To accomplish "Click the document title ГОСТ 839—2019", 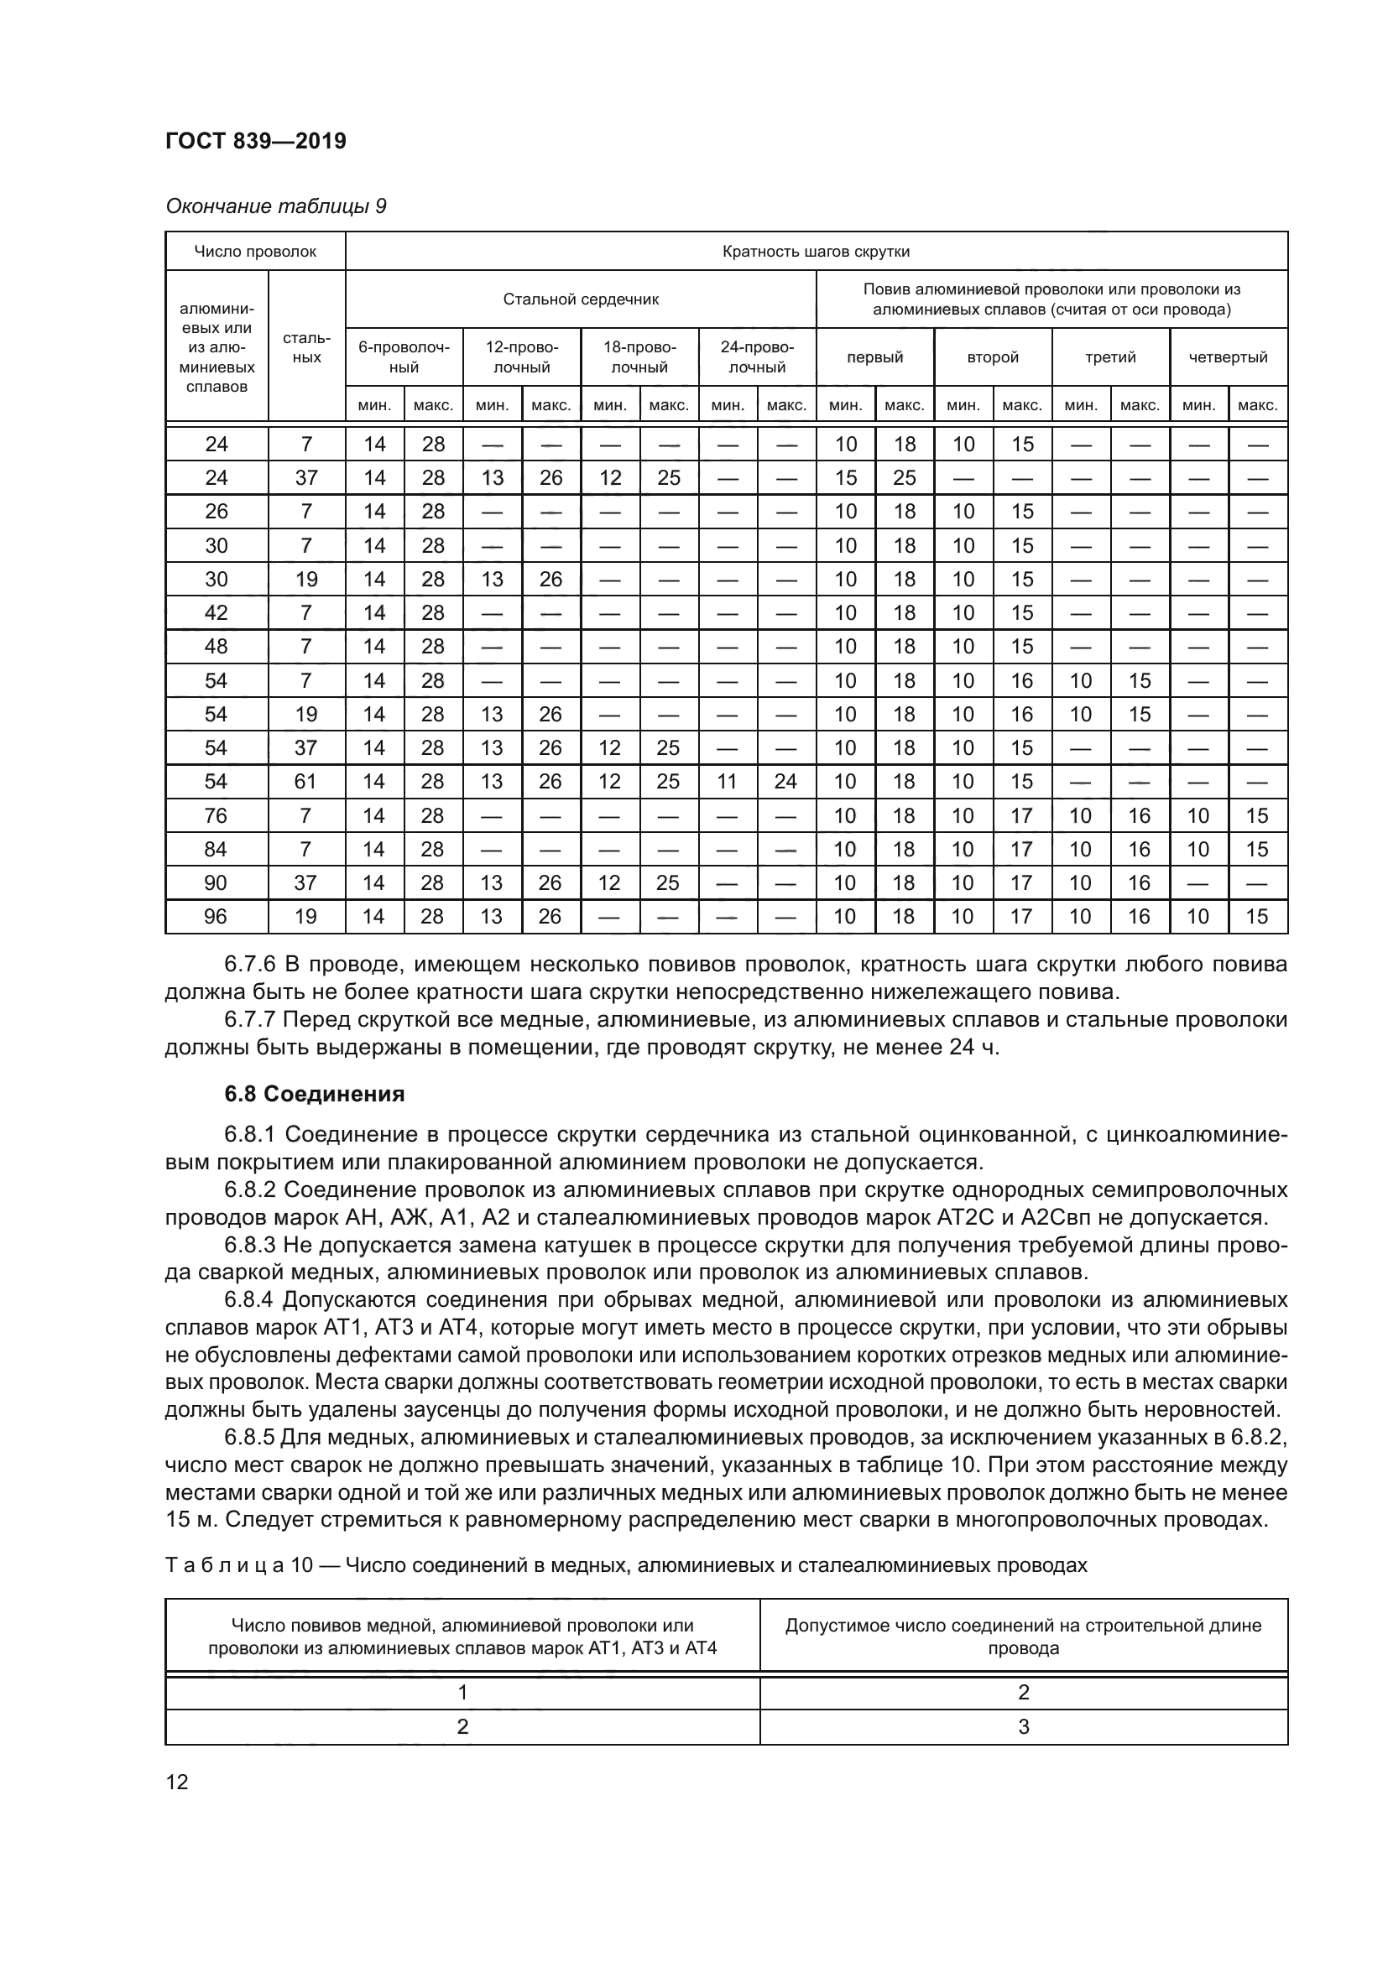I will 256,141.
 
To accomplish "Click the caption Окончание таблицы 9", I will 275,206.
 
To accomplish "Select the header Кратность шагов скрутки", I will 816,252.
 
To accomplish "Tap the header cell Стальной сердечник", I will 581,299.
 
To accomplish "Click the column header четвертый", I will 1228,357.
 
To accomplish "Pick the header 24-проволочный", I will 756,357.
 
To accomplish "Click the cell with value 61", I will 305,781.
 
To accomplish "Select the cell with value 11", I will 727,781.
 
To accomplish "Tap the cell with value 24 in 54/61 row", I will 785,781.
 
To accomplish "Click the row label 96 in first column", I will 216,916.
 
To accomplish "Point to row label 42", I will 216,612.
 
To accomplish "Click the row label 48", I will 216,646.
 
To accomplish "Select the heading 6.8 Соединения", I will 314,1094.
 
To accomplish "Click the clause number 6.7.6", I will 249,965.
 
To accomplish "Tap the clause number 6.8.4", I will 249,1299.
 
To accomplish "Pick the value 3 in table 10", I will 1023,1726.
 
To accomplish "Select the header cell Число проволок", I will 255,252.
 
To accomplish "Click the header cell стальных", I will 306,348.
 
